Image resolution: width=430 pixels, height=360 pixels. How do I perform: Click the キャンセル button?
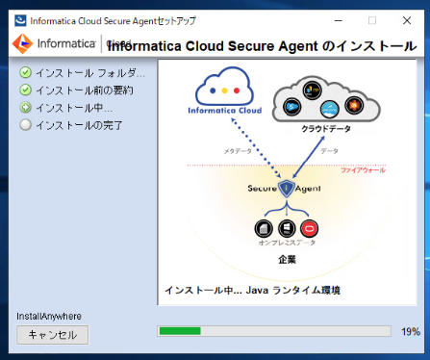coord(53,335)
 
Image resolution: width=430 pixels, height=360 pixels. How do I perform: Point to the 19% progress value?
coord(410,331)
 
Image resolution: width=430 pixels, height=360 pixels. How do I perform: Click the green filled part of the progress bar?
coord(180,331)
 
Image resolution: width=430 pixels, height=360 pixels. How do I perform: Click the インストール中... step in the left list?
coord(73,108)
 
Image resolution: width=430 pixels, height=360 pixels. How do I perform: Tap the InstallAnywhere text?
coord(49,316)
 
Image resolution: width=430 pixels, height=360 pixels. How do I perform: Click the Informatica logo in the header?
coord(53,43)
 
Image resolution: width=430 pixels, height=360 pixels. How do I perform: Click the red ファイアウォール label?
coord(362,170)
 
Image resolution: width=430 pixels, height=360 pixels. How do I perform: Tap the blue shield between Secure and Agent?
coord(286,189)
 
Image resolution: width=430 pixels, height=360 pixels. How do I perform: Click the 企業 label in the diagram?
coord(287,260)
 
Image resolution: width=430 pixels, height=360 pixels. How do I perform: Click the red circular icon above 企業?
coord(309,228)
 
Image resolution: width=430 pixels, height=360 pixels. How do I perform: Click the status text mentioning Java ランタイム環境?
coord(252,290)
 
